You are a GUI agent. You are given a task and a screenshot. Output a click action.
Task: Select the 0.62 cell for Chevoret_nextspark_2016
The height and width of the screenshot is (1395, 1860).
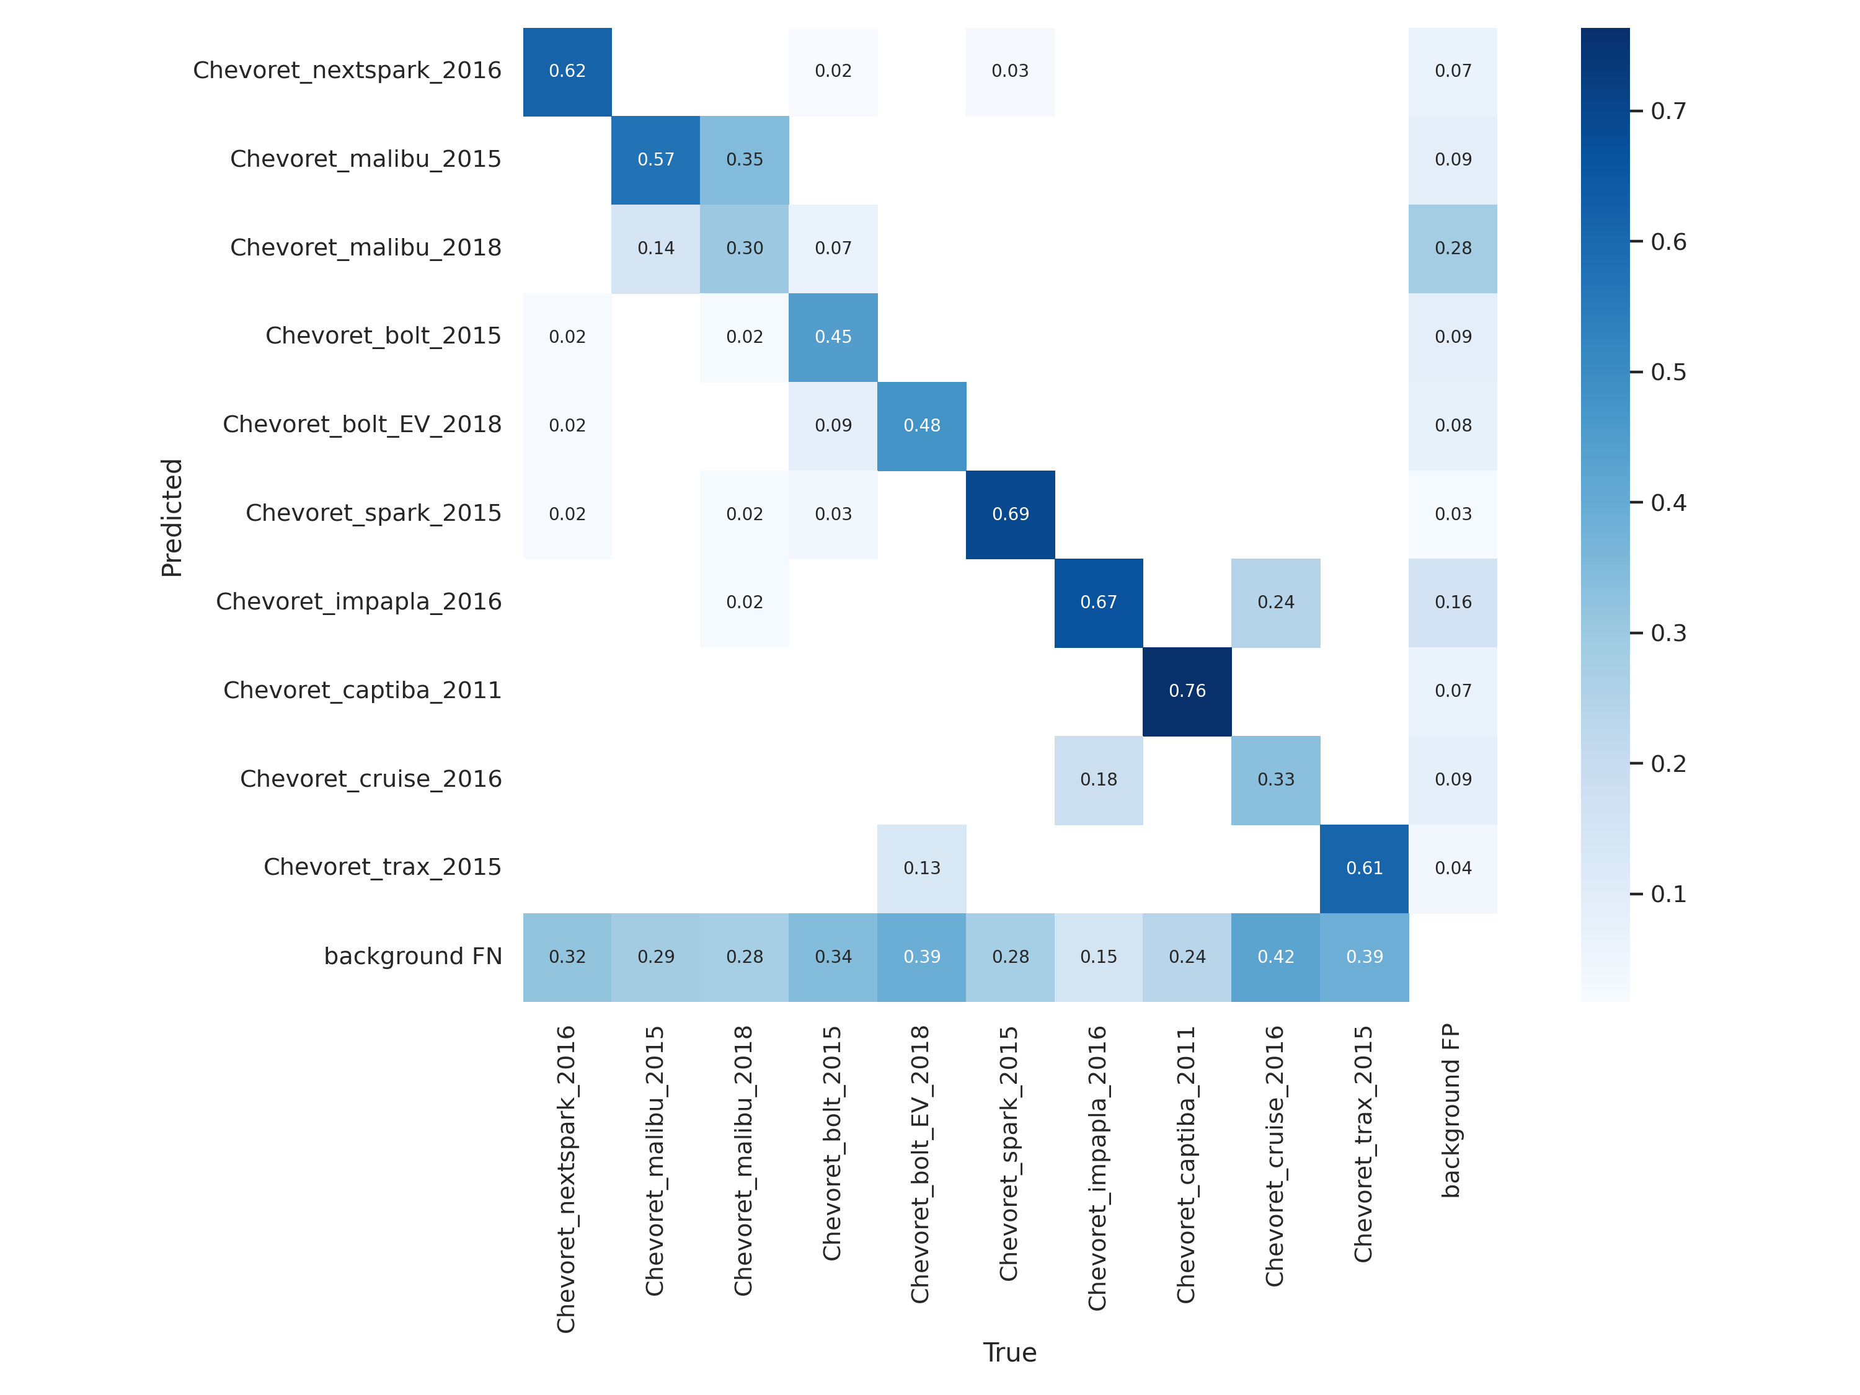point(567,71)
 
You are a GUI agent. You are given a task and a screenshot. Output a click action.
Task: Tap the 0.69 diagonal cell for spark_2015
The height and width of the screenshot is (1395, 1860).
point(1010,514)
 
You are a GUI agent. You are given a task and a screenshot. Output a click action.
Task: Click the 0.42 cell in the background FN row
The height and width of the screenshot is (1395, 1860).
point(1275,957)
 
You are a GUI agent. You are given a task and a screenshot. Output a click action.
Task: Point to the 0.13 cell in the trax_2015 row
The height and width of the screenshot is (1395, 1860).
point(921,868)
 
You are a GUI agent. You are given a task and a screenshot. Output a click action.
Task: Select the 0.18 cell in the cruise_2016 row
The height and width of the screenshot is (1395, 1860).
point(1098,779)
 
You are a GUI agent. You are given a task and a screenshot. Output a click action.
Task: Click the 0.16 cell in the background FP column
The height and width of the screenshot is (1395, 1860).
point(1453,602)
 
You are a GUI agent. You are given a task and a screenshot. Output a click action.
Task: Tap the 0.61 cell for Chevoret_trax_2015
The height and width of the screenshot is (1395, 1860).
point(1364,868)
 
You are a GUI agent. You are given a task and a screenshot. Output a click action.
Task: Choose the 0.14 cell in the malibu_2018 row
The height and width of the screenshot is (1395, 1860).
point(655,248)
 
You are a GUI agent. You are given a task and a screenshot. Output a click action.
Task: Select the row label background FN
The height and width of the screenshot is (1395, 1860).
point(413,956)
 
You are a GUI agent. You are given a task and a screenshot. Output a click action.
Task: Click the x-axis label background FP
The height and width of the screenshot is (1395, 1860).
point(1451,1110)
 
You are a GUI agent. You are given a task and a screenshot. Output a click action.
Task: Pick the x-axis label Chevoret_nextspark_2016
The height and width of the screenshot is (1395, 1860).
point(566,1179)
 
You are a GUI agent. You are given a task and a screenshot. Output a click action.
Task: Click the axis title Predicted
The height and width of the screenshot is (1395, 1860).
point(172,517)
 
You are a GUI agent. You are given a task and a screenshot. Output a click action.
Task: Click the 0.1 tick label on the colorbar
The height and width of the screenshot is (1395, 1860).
point(1668,894)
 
